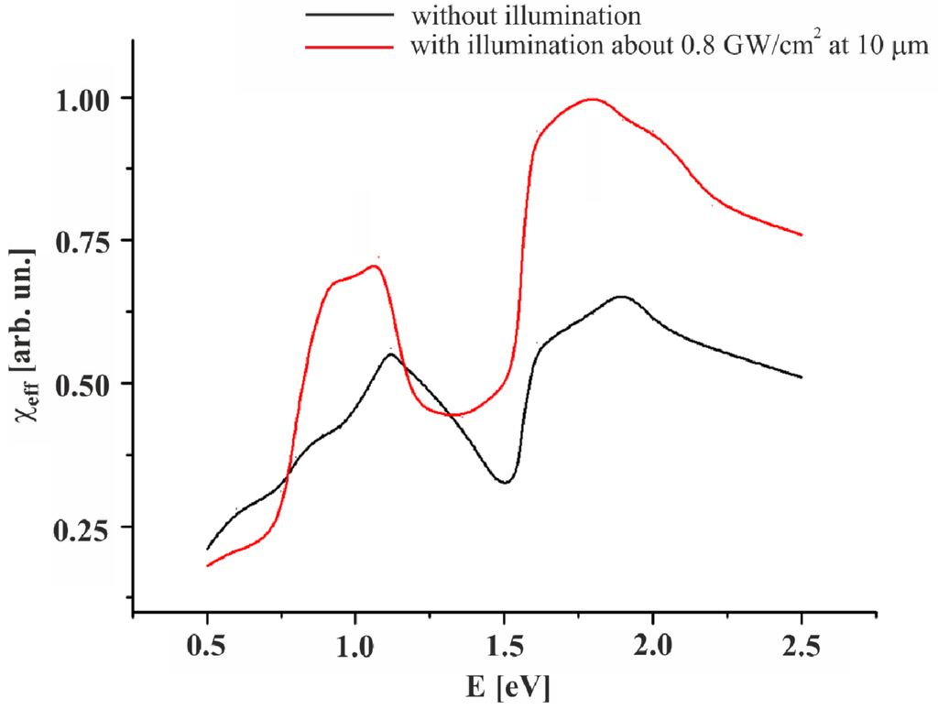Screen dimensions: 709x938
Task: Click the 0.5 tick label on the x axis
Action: [207, 646]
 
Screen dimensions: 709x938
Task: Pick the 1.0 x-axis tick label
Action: [355, 646]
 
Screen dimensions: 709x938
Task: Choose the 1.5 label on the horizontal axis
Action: [504, 646]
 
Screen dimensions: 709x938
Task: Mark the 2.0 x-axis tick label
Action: [652, 646]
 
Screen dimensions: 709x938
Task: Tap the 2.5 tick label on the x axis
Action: [802, 646]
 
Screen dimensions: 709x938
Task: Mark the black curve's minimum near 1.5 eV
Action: [505, 482]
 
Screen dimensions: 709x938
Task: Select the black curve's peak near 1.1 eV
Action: [391, 354]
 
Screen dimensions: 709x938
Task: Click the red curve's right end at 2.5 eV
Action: [802, 235]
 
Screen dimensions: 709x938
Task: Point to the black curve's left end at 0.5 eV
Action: [208, 549]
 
